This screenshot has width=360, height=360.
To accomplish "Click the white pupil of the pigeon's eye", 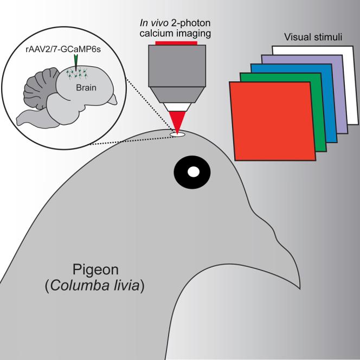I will click(x=194, y=172).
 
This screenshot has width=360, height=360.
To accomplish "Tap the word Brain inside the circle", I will click(x=85, y=85).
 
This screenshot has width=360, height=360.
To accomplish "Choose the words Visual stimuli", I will click(x=308, y=38).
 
